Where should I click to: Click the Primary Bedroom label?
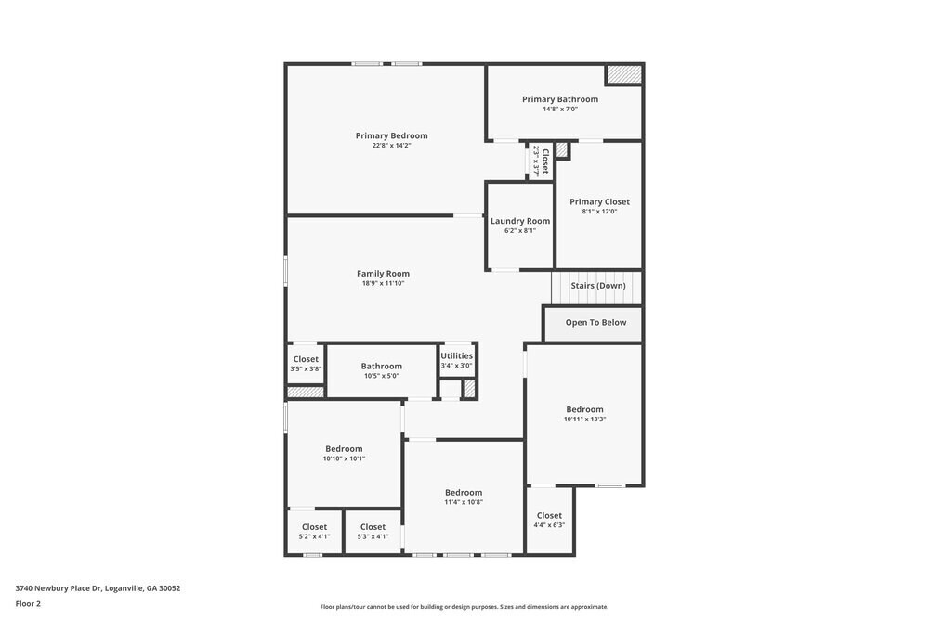click(391, 135)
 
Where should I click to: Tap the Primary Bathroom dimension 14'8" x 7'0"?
click(560, 110)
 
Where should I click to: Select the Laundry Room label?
click(520, 221)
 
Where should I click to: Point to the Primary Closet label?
click(599, 201)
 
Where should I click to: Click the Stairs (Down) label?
click(597, 286)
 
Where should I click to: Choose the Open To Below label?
click(595, 323)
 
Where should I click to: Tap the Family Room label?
click(383, 274)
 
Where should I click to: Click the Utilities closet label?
click(456, 355)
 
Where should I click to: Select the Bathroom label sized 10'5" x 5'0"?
click(381, 367)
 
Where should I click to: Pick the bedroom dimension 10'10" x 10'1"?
click(344, 458)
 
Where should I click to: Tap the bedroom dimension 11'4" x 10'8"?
click(463, 502)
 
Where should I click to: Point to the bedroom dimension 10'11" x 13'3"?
click(584, 419)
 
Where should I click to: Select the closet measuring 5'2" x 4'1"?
click(314, 536)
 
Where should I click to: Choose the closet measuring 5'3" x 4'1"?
click(373, 536)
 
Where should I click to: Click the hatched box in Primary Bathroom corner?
click(623, 74)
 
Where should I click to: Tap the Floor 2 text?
click(28, 603)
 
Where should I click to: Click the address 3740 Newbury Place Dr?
click(98, 588)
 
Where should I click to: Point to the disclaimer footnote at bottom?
click(464, 607)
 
